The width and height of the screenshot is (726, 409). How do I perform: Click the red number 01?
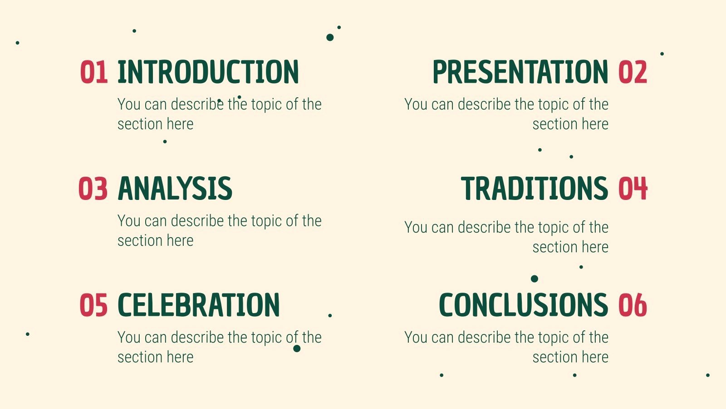point(94,72)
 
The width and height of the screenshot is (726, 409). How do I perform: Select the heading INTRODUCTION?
point(208,72)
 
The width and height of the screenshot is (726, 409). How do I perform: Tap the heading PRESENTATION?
point(520,72)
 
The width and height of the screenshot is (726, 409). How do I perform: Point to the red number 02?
point(633,72)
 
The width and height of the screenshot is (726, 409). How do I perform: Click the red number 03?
point(93,189)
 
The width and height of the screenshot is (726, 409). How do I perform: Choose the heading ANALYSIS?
point(175,189)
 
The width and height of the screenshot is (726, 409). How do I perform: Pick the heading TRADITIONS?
point(535,189)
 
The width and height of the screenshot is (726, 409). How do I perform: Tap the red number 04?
point(633,189)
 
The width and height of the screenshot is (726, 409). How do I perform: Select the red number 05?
point(93,305)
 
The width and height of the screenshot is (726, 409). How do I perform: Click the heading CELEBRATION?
point(199,305)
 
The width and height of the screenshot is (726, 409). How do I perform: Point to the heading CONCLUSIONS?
point(523,305)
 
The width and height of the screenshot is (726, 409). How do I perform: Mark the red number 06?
point(633,305)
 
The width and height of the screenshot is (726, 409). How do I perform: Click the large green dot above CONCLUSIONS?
point(535,279)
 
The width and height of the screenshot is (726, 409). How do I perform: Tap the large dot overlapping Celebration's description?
point(297,349)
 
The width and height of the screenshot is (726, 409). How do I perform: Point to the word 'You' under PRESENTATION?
point(416,105)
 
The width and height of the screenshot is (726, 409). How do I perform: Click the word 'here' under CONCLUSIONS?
point(595,357)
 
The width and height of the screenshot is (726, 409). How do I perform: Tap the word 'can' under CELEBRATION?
point(156,338)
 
